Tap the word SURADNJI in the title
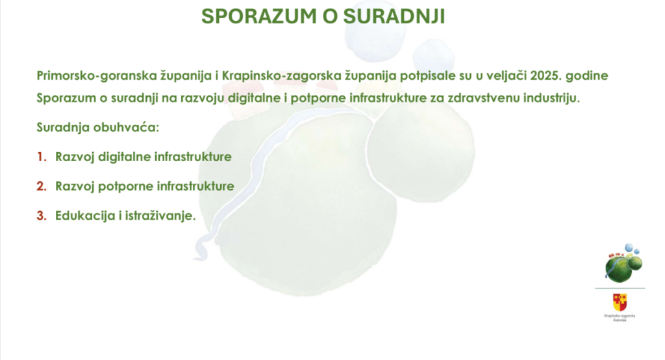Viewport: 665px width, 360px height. (394, 16)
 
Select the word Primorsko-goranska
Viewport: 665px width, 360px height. (96, 76)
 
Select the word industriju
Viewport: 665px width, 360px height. (551, 98)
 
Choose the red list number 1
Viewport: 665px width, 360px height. (41, 157)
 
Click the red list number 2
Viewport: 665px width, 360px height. (41, 186)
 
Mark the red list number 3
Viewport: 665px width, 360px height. (41, 216)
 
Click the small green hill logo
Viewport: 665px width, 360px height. (623, 264)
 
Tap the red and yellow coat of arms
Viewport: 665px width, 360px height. (620, 302)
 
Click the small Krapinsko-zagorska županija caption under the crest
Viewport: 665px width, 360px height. (620, 318)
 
